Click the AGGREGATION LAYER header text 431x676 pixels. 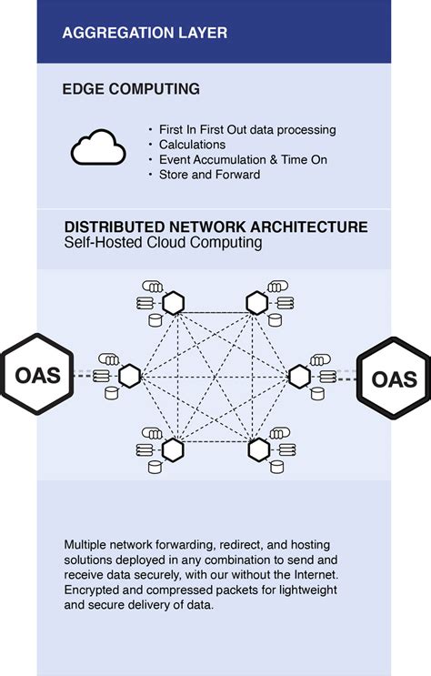click(x=145, y=33)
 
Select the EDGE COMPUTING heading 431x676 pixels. click(x=131, y=90)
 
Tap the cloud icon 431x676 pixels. click(x=96, y=147)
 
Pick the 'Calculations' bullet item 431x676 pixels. click(x=194, y=145)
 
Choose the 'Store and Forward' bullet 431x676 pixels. click(x=209, y=174)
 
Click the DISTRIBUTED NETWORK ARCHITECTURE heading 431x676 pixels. click(x=215, y=227)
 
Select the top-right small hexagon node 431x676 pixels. click(x=258, y=302)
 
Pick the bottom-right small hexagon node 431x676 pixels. click(x=258, y=448)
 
